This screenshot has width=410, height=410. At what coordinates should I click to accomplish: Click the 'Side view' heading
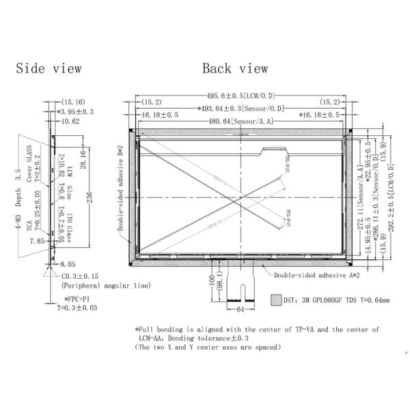(x=49, y=68)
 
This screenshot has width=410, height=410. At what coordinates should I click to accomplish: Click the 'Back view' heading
(x=235, y=68)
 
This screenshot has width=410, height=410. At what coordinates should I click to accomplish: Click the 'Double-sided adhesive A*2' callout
(x=316, y=276)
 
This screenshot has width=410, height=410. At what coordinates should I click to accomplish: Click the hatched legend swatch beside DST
(x=276, y=299)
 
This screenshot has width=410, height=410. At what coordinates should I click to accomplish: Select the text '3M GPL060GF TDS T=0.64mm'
(x=342, y=299)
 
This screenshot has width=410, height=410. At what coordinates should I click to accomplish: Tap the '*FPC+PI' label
(x=77, y=299)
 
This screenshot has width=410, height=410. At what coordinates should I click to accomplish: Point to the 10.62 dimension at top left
(x=70, y=121)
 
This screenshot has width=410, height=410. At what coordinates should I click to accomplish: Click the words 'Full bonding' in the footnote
(x=163, y=329)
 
